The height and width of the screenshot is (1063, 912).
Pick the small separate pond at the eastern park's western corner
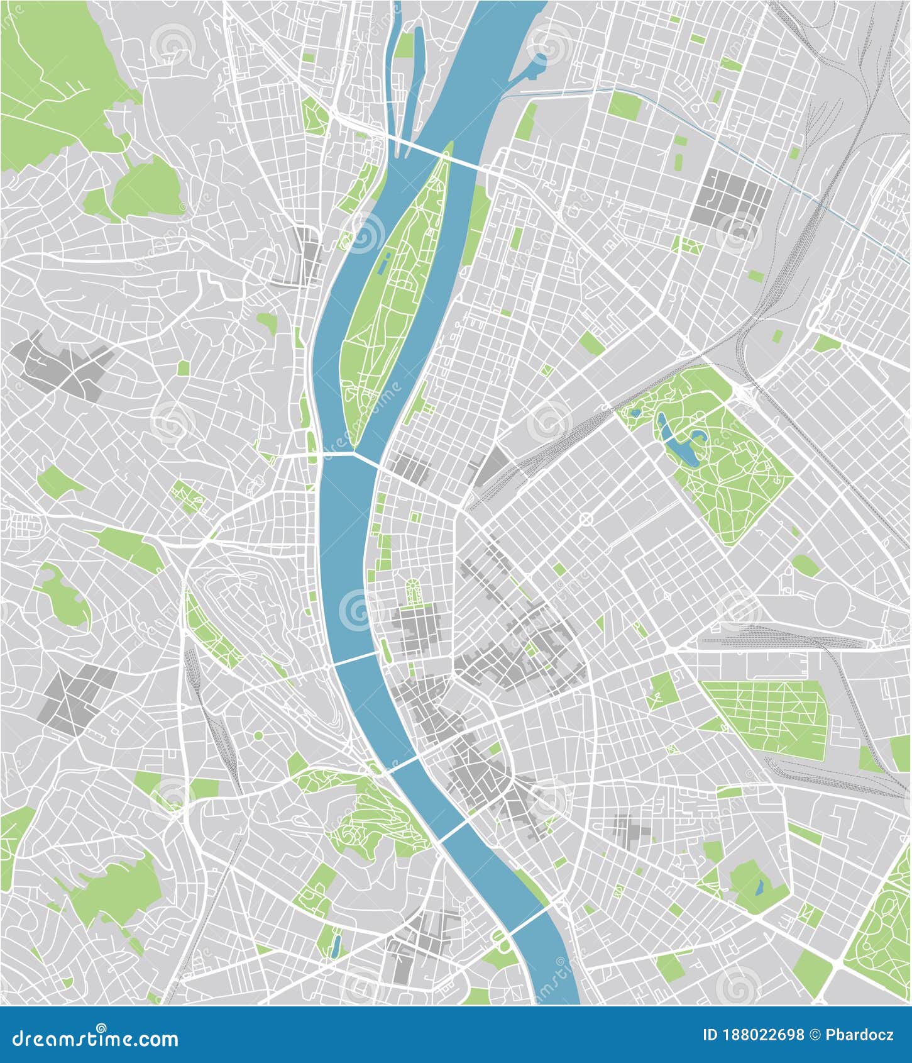tap(636, 413)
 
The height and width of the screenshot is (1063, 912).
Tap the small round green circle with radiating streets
tap(258, 735)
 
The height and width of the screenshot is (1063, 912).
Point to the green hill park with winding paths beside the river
tap(371, 811)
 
